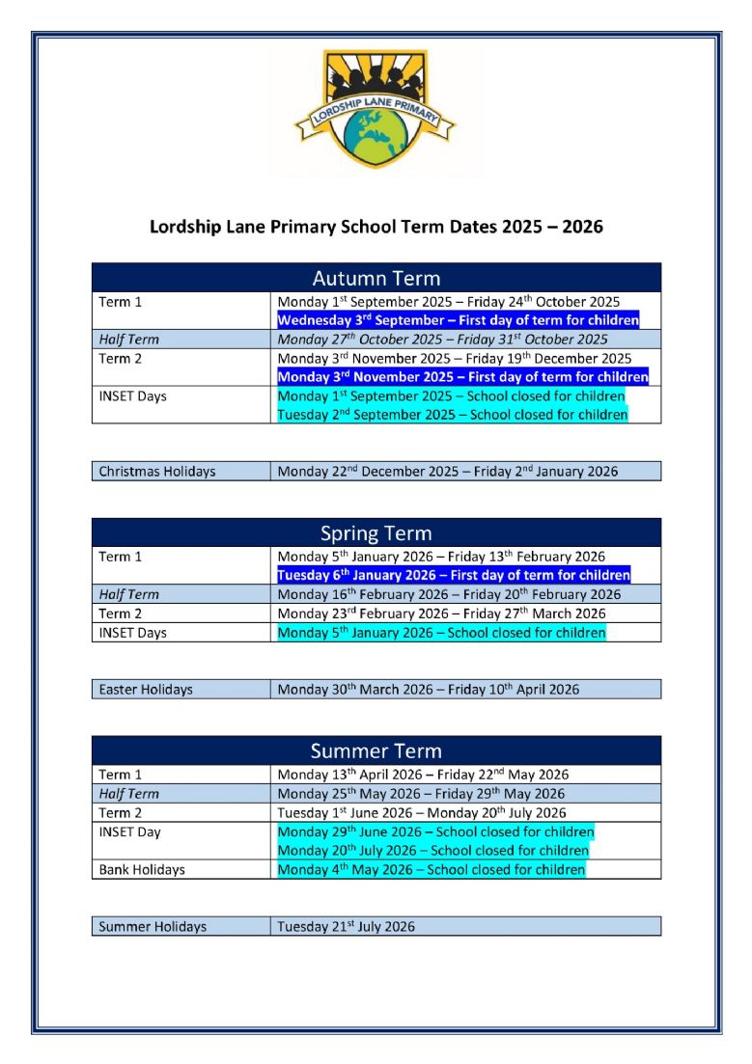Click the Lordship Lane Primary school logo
376,109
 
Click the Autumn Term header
376,279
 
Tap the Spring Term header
376,533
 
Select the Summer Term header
376,750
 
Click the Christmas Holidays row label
157,472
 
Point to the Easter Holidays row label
146,690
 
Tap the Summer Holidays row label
153,926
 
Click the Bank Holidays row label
142,869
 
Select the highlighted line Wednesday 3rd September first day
458,320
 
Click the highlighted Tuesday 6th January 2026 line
454,575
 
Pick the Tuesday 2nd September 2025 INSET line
453,415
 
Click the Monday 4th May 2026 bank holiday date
431,869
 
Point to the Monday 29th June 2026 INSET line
435,832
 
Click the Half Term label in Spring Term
129,594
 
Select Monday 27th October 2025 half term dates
442,339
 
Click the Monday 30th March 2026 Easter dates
428,690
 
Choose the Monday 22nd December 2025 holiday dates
447,472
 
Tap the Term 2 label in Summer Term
121,812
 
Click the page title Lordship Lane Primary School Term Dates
376,227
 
